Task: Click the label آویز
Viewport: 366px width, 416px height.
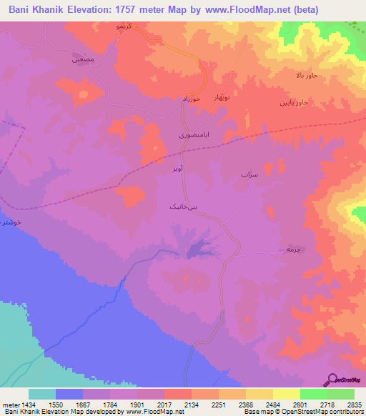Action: pos(179,169)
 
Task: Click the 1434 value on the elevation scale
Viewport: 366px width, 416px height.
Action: pos(29,405)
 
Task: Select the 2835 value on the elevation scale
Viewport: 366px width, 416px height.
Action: pos(354,405)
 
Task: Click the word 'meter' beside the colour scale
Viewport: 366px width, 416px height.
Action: pos(10,405)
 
